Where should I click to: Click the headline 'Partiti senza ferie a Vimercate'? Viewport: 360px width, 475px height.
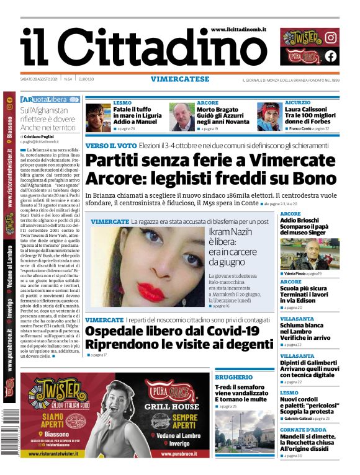[201, 160]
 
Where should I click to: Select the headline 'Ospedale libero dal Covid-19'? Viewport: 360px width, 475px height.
[171, 331]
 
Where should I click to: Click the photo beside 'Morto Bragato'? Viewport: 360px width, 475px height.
[181, 117]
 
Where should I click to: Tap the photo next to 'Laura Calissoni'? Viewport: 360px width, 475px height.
[269, 117]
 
